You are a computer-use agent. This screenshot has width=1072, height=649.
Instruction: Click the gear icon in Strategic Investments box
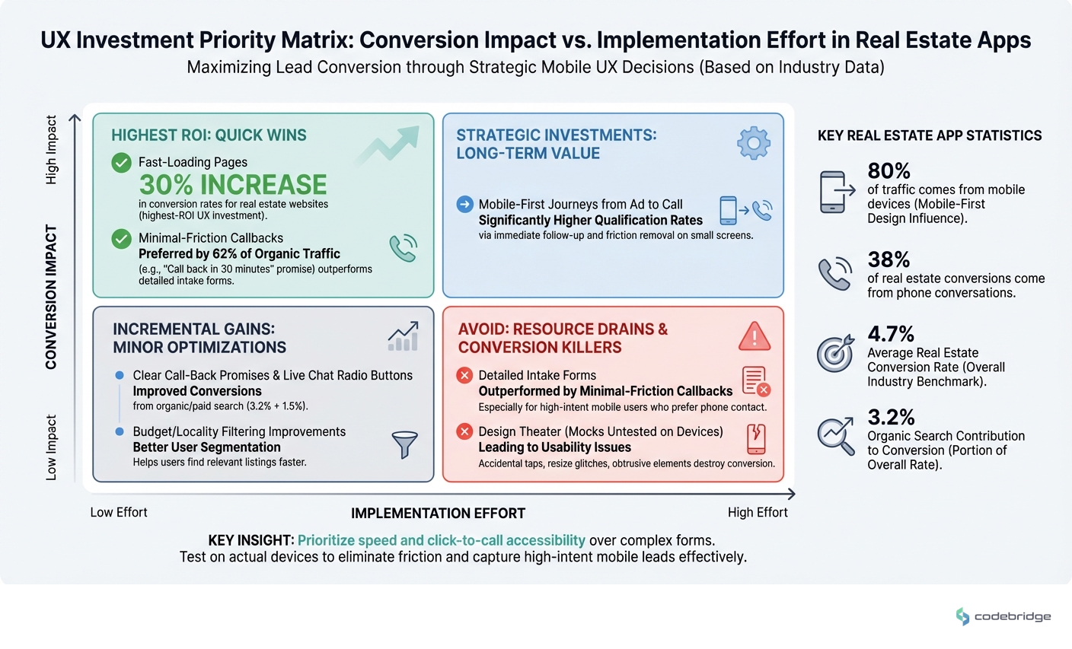click(x=753, y=143)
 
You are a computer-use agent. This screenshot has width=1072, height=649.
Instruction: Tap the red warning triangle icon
click(x=754, y=336)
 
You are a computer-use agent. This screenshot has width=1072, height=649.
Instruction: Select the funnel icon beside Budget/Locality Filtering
click(x=404, y=445)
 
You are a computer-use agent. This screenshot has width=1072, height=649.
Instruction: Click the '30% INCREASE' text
click(x=233, y=185)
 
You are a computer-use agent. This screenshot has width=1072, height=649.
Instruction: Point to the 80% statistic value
click(x=889, y=170)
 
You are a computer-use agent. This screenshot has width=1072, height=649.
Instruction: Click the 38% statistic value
click(x=889, y=259)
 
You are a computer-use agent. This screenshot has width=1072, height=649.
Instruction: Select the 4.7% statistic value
click(x=891, y=334)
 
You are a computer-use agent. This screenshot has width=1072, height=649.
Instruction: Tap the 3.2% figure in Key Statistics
click(x=891, y=417)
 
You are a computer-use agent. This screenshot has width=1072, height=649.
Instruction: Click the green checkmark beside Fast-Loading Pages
click(x=122, y=162)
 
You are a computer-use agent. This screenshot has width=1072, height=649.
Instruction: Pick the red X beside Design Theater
click(x=464, y=431)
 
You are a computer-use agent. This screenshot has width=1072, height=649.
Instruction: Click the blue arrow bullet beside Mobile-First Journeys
click(x=464, y=204)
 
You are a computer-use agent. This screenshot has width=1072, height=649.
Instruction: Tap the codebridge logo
click(x=1003, y=616)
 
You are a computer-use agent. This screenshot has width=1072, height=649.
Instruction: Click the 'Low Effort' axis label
click(x=119, y=512)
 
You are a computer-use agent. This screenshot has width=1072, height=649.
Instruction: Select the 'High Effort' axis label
click(x=757, y=512)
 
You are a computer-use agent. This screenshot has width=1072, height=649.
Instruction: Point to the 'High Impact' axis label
click(x=51, y=150)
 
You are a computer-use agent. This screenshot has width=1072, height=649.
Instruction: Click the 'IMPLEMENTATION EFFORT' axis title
click(x=438, y=514)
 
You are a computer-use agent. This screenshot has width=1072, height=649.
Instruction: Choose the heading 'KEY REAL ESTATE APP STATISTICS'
click(x=929, y=135)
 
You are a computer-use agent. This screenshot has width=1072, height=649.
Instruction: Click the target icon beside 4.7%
click(x=834, y=354)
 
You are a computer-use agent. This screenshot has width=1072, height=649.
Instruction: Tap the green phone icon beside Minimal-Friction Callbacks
click(x=403, y=248)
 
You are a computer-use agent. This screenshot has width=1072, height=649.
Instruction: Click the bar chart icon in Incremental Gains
click(x=403, y=336)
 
